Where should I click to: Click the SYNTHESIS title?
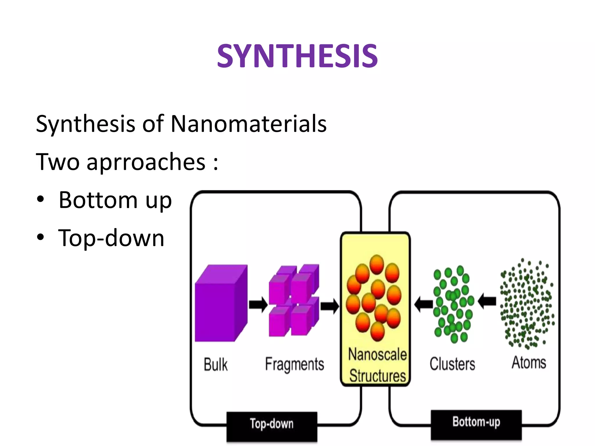pyautogui.click(x=297, y=56)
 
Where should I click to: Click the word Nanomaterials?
pyautogui.click(x=249, y=124)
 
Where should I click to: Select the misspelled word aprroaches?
pyautogui.click(x=146, y=162)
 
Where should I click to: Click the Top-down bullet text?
pyautogui.click(x=111, y=238)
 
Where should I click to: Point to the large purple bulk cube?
pyautogui.click(x=221, y=303)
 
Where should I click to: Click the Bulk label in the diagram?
pyautogui.click(x=216, y=364)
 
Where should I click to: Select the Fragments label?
pyautogui.click(x=294, y=364)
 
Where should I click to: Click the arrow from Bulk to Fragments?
pyautogui.click(x=258, y=305)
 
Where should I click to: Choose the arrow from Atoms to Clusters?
pyautogui.click(x=487, y=301)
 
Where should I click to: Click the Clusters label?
pyautogui.click(x=452, y=364)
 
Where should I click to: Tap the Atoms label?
pyautogui.click(x=529, y=363)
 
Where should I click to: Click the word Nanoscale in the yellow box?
pyautogui.click(x=377, y=354)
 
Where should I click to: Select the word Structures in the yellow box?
pyautogui.click(x=377, y=375)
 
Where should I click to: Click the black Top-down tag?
pyautogui.click(x=272, y=424)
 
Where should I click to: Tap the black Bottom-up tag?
pyautogui.click(x=476, y=422)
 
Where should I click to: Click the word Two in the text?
pyautogui.click(x=58, y=162)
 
